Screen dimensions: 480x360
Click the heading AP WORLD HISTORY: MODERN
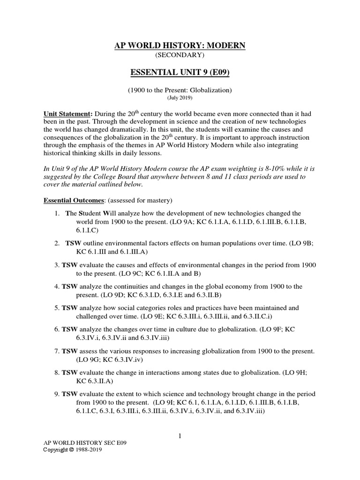[180, 45]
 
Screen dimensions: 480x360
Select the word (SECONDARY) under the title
[180, 55]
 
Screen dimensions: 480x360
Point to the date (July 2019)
[180, 98]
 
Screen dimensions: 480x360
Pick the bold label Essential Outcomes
[73, 200]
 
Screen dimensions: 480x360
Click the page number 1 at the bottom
[180, 435]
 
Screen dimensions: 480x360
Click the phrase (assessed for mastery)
[133, 200]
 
